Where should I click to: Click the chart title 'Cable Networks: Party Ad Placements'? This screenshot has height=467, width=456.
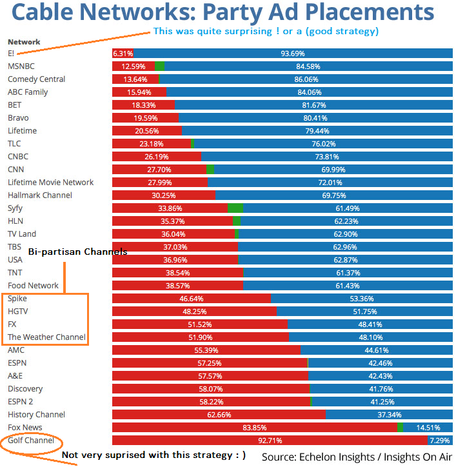pyautogui.click(x=223, y=12)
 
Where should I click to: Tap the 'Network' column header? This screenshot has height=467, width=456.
pyautogui.click(x=24, y=42)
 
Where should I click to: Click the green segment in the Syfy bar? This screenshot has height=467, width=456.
pyautogui.click(x=235, y=208)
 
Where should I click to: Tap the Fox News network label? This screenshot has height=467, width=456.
pyautogui.click(x=25, y=428)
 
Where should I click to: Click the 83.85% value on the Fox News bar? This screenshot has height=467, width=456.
pyautogui.click(x=255, y=428)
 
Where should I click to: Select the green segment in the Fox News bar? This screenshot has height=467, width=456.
pyautogui.click(x=400, y=428)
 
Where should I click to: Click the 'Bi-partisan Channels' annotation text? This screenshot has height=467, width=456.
pyautogui.click(x=77, y=252)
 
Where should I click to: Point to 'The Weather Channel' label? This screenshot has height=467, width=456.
pyautogui.click(x=46, y=337)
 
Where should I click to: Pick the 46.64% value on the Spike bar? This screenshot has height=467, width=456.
pyautogui.click(x=192, y=299)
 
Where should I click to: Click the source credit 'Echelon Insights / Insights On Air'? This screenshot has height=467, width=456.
pyautogui.click(x=357, y=457)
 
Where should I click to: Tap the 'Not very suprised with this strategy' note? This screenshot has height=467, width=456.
pyautogui.click(x=154, y=455)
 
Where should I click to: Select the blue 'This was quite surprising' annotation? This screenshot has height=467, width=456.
pyautogui.click(x=266, y=31)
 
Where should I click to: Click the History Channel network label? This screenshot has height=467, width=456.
pyautogui.click(x=36, y=415)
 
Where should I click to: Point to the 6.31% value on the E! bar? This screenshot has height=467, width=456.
pyautogui.click(x=123, y=54)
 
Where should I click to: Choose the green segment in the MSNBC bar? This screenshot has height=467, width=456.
pyautogui.click(x=159, y=66)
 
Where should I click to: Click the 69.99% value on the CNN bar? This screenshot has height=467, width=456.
pyautogui.click(x=333, y=170)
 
